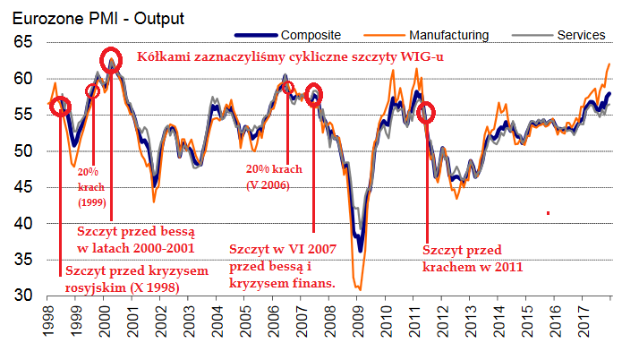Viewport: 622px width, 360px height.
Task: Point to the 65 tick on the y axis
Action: click(22, 42)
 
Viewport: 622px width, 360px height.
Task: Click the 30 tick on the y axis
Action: click(22, 296)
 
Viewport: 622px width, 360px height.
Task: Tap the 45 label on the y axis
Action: click(22, 187)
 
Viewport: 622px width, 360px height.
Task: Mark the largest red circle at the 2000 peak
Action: click(111, 60)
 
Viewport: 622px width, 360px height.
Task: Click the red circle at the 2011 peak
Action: click(426, 112)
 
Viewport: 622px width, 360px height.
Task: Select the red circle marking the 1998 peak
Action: click(61, 107)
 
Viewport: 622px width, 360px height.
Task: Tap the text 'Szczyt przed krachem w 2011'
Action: click(472, 258)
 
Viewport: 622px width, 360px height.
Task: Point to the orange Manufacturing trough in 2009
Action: click(359, 288)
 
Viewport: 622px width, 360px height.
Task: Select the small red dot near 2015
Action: click(547, 213)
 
